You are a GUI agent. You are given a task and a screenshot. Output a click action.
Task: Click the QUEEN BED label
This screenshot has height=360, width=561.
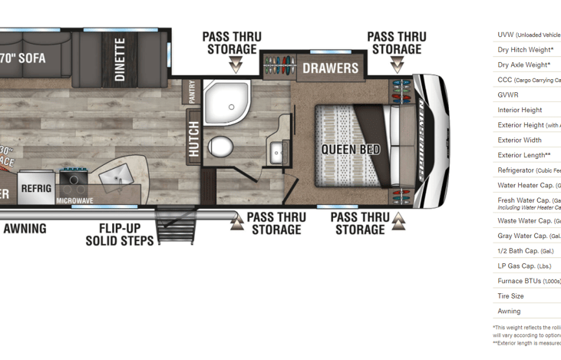(x=350, y=149)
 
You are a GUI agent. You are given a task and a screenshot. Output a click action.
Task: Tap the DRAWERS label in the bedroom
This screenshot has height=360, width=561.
(x=330, y=68)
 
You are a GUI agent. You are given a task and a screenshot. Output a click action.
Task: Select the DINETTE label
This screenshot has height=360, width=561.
(x=120, y=60)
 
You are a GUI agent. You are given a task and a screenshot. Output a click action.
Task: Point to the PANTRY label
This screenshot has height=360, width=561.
(x=191, y=92)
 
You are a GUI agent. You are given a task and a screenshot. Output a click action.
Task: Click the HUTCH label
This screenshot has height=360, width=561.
(x=193, y=139)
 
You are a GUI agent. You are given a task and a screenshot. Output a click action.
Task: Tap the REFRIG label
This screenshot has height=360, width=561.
(x=36, y=188)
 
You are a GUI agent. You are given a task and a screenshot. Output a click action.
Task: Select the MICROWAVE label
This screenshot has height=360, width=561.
(x=74, y=201)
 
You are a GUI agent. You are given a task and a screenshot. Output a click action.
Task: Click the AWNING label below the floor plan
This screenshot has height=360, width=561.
(x=25, y=229)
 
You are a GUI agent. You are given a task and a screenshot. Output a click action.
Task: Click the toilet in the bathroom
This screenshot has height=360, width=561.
(x=222, y=146)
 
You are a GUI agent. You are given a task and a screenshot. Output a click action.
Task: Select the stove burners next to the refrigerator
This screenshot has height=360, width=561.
(x=74, y=180)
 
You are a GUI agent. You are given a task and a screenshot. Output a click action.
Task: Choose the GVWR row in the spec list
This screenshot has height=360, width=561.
(x=508, y=95)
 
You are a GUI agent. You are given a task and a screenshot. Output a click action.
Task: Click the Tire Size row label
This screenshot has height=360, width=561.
(x=510, y=296)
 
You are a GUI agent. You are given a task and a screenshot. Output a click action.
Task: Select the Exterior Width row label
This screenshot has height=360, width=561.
(x=520, y=140)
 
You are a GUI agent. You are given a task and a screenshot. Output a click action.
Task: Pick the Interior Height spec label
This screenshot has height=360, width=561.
(x=520, y=111)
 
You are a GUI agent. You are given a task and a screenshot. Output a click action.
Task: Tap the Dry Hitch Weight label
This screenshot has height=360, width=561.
(x=525, y=50)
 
